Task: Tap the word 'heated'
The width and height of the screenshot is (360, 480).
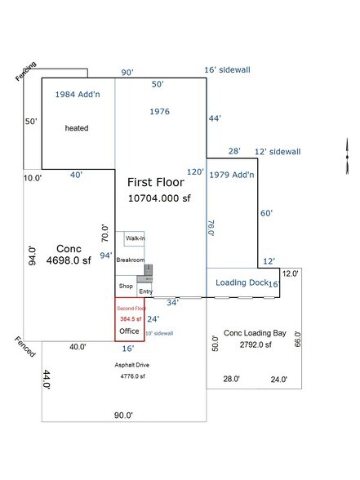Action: (x=77, y=128)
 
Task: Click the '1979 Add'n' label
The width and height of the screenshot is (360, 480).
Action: (x=233, y=175)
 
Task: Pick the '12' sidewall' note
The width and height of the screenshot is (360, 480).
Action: (x=278, y=152)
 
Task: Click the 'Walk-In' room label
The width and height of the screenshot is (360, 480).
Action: (x=135, y=238)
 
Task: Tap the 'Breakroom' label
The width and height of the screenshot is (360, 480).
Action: (x=130, y=260)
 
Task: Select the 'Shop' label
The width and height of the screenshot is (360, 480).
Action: (x=125, y=287)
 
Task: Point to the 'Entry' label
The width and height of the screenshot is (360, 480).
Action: (x=145, y=291)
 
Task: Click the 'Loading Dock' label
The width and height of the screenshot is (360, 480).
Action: (x=241, y=282)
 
